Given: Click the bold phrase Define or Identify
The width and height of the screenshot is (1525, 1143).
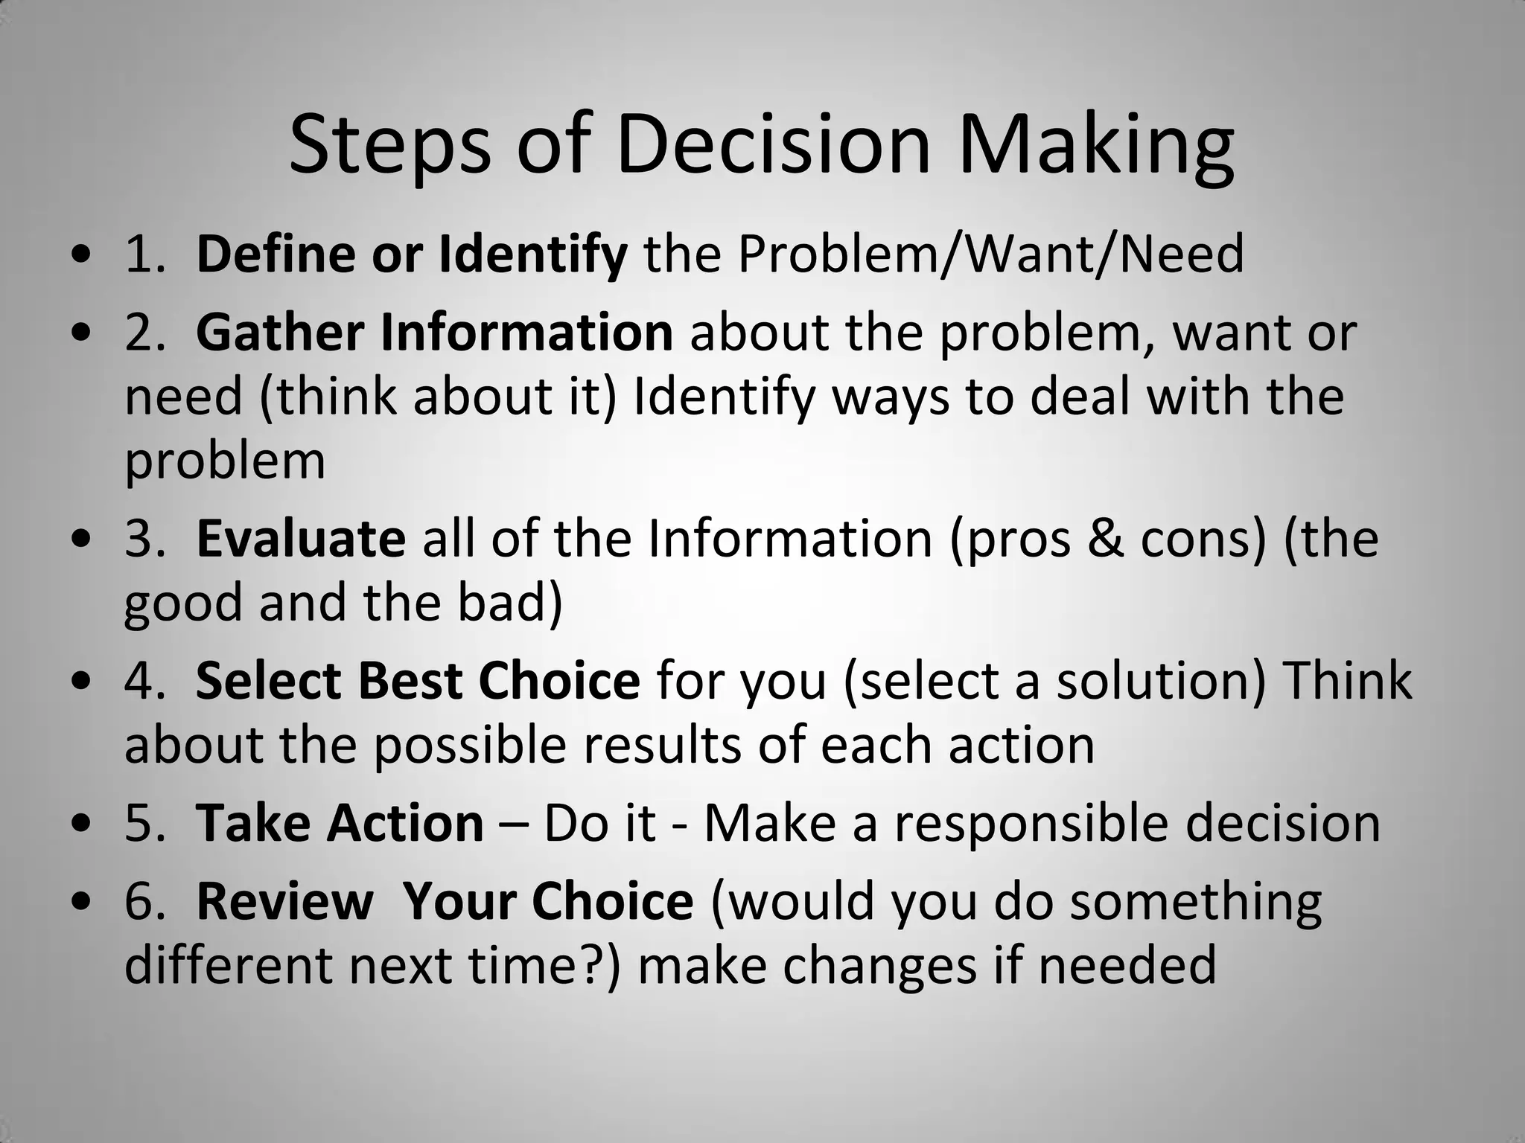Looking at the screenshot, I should pos(412,254).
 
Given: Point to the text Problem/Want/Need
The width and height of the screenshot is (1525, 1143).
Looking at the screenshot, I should pos(990,254).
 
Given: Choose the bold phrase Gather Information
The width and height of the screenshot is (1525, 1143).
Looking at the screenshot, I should pos(434,332).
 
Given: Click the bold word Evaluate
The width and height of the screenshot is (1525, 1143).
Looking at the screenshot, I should pos(301,538).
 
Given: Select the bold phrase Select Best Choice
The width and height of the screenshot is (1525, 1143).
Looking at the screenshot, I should pos(418,680).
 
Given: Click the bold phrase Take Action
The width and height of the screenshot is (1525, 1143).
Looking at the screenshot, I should pos(340,823).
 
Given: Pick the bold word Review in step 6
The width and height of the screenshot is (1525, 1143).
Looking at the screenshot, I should pos(284,901).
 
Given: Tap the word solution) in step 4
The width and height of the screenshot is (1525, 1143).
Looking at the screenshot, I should pos(1161,680).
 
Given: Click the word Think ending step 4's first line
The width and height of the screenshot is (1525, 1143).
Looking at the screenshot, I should pos(1349,680).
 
